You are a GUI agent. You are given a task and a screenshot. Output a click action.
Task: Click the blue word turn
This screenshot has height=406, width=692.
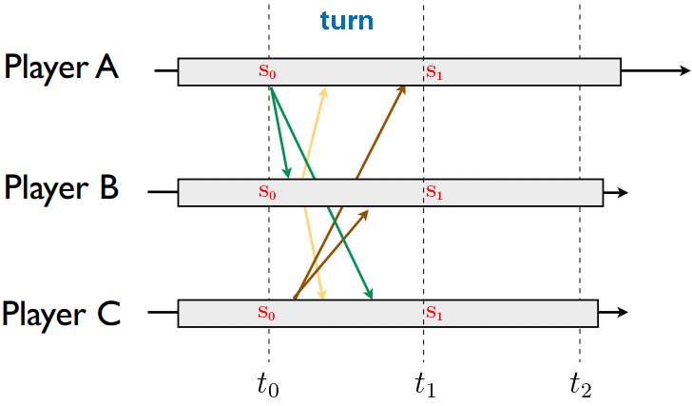tap(346, 21)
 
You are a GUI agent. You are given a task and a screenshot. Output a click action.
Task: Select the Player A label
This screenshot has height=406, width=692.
tap(62, 68)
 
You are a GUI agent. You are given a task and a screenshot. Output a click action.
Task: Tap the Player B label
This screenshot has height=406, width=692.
tap(62, 187)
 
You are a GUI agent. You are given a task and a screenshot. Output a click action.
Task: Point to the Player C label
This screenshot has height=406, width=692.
tap(62, 312)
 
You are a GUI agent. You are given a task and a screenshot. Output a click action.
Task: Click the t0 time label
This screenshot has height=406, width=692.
tap(269, 384)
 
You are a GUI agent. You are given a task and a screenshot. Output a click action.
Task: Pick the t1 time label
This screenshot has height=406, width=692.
tap(424, 384)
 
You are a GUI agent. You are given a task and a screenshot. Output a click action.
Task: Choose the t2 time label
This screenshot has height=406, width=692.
tap(580, 384)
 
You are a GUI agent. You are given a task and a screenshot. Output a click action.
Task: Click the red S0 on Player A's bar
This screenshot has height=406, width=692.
tap(267, 71)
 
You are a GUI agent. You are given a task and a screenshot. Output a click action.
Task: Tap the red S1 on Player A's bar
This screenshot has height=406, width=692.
tap(434, 71)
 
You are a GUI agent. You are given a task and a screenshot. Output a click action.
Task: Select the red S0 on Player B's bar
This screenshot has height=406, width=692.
tap(267, 192)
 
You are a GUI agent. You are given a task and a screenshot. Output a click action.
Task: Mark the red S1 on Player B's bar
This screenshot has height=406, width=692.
tap(434, 192)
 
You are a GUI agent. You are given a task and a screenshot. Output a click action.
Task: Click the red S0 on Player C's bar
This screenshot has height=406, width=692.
tap(267, 312)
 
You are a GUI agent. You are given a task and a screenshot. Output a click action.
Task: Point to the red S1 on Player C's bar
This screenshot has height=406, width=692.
tap(434, 312)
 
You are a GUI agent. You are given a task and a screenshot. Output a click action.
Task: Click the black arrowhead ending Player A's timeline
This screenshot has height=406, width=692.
tap(684, 71)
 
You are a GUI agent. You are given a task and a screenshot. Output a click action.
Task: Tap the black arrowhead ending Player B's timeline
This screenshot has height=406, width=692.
tap(623, 192)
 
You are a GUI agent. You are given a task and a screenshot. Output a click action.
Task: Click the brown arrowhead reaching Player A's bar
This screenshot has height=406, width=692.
tap(403, 88)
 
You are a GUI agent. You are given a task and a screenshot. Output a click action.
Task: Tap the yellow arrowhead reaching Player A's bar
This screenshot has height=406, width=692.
tap(325, 91)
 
